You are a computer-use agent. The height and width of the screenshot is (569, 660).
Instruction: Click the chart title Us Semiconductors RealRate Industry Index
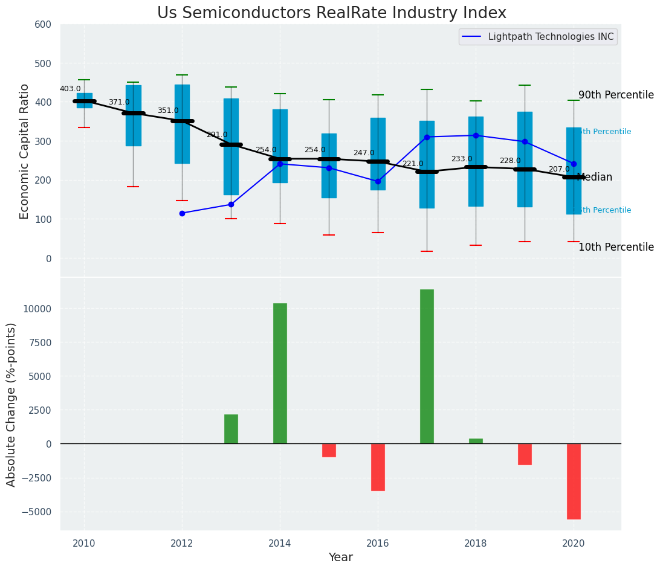click(331, 13)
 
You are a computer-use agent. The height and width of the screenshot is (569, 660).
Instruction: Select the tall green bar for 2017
click(427, 366)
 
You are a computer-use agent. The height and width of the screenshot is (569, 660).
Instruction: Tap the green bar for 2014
click(280, 373)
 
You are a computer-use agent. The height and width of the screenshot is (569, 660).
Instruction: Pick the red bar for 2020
click(574, 481)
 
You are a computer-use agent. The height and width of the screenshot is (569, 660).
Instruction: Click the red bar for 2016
click(378, 467)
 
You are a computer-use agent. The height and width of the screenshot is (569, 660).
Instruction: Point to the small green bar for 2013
click(231, 429)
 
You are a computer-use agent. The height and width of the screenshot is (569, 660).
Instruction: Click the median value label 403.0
click(70, 89)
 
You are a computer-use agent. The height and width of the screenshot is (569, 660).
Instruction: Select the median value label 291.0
click(217, 135)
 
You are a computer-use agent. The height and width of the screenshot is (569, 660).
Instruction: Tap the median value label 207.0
click(559, 169)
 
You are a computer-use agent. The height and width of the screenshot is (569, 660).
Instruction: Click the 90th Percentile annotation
click(616, 95)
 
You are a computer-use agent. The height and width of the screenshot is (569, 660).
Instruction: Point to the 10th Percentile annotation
click(616, 247)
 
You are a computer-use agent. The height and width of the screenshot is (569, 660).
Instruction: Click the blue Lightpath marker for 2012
click(182, 213)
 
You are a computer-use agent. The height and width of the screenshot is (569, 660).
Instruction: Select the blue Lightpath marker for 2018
click(476, 135)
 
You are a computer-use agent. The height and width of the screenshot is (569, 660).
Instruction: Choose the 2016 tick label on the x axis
click(378, 542)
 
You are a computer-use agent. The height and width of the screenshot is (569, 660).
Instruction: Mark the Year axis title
click(340, 558)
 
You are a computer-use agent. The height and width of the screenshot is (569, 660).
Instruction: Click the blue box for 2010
click(85, 100)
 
